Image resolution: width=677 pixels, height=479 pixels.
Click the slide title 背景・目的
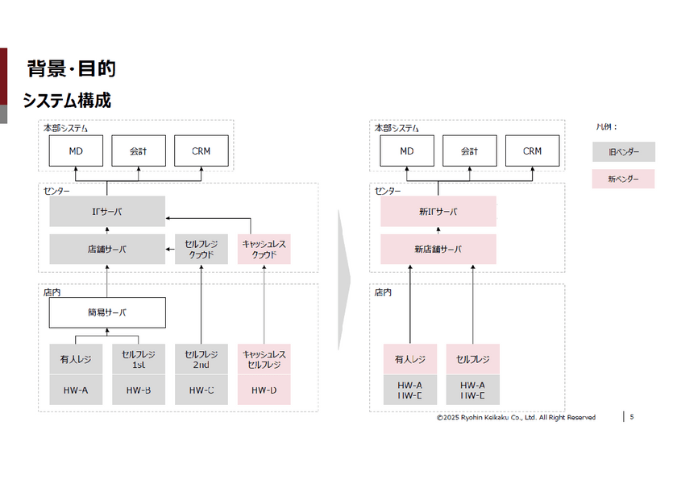(x=71, y=69)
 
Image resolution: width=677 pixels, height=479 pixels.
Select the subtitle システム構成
(x=66, y=101)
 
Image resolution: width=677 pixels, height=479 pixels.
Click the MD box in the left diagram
(x=76, y=151)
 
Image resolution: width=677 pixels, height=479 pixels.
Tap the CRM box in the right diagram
(x=532, y=151)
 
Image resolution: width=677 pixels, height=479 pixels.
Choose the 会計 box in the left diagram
(x=139, y=151)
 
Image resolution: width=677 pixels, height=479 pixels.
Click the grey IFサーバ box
(x=107, y=212)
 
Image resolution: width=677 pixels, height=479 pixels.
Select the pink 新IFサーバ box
(x=438, y=212)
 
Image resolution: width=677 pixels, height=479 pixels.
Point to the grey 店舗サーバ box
(x=107, y=250)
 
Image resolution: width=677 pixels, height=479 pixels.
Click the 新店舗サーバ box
(x=438, y=250)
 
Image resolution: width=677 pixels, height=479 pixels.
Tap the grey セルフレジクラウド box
(x=201, y=250)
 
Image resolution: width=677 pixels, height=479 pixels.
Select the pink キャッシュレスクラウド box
(x=264, y=250)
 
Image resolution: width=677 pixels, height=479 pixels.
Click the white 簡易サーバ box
(x=107, y=312)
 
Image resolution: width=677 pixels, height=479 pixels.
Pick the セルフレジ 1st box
(x=139, y=359)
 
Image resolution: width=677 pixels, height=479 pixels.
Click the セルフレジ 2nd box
(x=201, y=359)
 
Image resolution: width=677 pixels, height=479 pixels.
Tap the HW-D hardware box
(x=264, y=390)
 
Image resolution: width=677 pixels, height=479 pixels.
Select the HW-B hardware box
(x=139, y=390)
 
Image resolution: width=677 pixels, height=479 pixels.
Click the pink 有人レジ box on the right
(x=409, y=359)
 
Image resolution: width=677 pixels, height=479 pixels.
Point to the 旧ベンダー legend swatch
(x=624, y=152)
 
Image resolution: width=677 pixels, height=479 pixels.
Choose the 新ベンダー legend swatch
(x=624, y=179)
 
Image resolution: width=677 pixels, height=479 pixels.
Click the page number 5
(x=632, y=417)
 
